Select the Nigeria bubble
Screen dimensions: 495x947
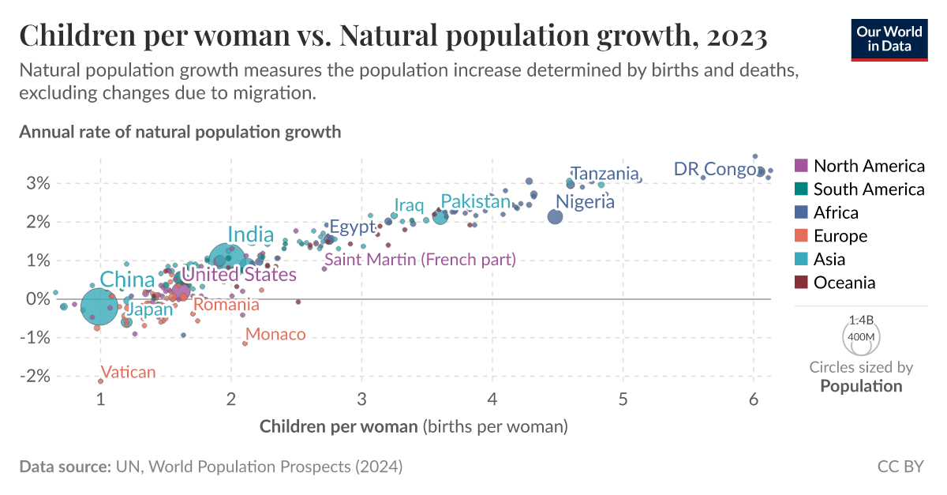click(555, 216)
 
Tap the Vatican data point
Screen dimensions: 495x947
click(100, 381)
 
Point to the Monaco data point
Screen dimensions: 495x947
click(245, 343)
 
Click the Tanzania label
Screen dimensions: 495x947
click(605, 174)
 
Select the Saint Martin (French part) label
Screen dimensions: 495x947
click(420, 259)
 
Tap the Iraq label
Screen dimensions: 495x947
click(409, 206)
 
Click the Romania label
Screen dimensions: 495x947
click(226, 305)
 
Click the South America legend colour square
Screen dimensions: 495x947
click(800, 189)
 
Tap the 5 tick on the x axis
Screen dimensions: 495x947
click(623, 399)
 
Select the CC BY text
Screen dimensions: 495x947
click(900, 467)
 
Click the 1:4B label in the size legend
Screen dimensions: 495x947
click(860, 321)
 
